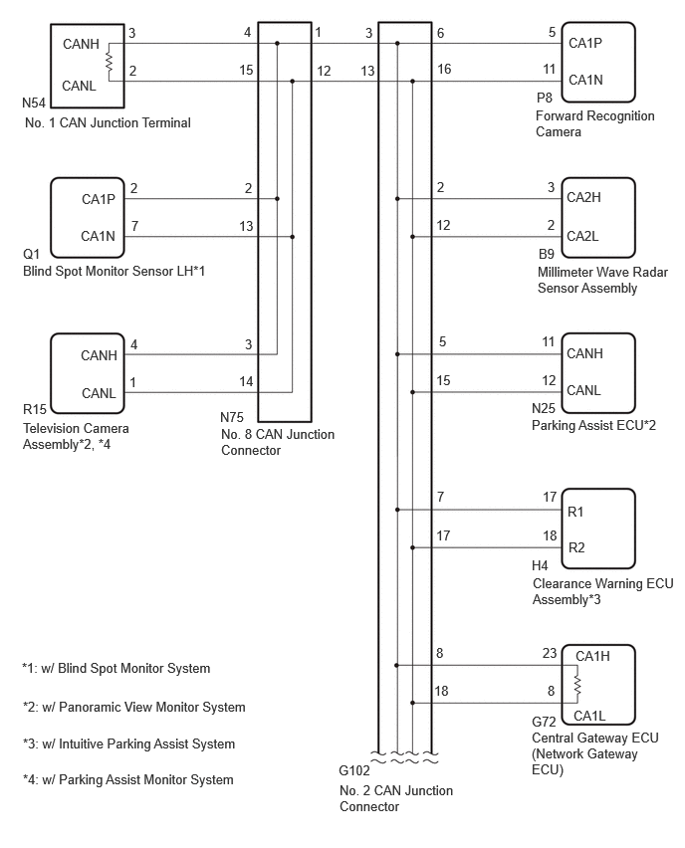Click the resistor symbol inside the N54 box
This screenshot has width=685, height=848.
[x=109, y=62]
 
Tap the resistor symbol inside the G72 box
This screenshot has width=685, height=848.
[x=576, y=685]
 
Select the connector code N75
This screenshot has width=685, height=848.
[x=232, y=417]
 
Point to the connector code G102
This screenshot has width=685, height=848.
[x=354, y=770]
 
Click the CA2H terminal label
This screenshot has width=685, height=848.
[x=583, y=197]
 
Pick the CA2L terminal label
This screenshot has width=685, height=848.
[x=582, y=236]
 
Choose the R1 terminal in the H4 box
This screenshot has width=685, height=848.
[x=575, y=512]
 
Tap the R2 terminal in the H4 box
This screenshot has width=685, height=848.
[x=576, y=547]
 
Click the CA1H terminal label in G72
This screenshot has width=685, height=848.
[x=592, y=656]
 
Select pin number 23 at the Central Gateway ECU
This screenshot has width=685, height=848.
[x=550, y=653]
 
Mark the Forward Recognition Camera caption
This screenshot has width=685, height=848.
[x=594, y=123]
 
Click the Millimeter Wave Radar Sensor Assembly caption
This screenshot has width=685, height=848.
[x=602, y=280]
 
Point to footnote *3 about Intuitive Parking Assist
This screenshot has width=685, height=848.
[x=128, y=744]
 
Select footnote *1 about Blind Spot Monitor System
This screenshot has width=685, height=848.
[x=115, y=669]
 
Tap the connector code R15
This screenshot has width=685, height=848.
[x=35, y=409]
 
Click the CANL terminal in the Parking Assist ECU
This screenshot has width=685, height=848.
[x=583, y=390]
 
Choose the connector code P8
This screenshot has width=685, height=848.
[x=545, y=98]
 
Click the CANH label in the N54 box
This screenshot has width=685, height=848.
[x=82, y=44]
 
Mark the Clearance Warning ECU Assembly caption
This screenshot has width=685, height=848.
[x=602, y=591]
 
